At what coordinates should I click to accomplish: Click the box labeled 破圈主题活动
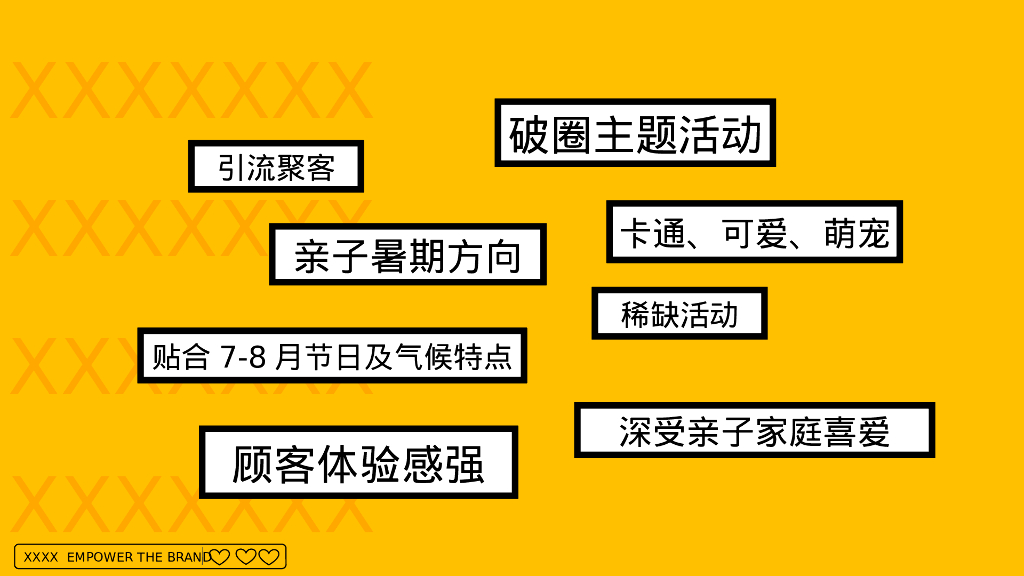click(x=635, y=133)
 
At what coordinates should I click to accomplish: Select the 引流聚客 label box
click(x=276, y=167)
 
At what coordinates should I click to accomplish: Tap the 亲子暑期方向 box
click(x=408, y=255)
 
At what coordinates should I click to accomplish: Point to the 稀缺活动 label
click(x=679, y=314)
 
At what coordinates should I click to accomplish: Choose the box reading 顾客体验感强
click(x=358, y=463)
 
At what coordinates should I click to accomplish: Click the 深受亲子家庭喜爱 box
click(x=754, y=431)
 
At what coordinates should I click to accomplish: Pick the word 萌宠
click(x=857, y=233)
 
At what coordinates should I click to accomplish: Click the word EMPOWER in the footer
click(x=99, y=557)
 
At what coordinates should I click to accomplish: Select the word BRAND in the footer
click(x=186, y=557)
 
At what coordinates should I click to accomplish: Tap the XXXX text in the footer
click(x=40, y=557)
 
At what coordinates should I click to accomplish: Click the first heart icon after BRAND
click(x=220, y=557)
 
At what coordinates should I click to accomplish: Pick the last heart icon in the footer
click(x=268, y=557)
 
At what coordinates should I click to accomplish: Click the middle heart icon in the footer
click(x=245, y=557)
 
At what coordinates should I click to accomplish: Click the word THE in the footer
click(x=148, y=557)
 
